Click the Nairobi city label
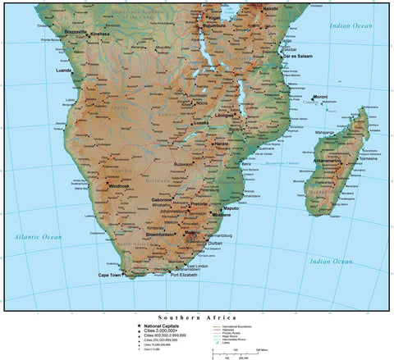[267, 7]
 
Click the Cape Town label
[110, 275]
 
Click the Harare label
[221, 144]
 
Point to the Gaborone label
[160, 199]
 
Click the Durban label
[215, 244]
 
